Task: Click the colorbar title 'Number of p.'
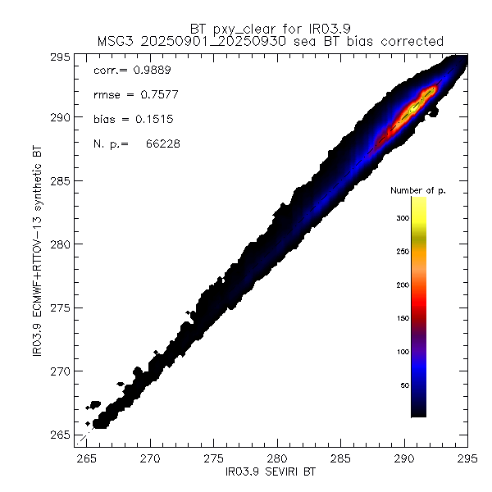tap(417, 190)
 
